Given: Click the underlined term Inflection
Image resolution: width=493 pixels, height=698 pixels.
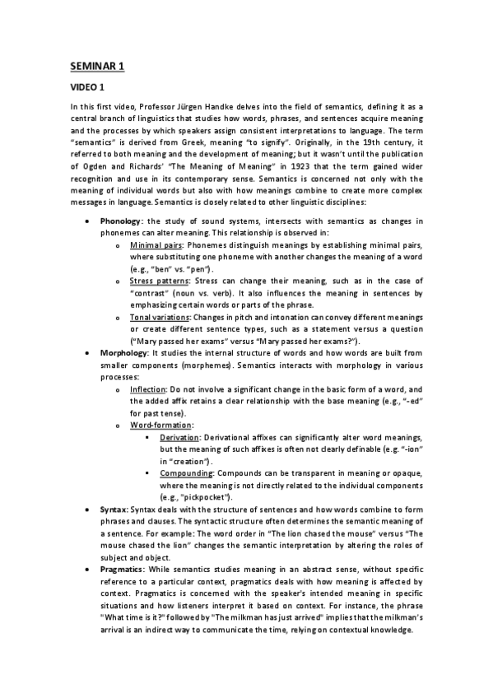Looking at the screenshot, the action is [x=149, y=389].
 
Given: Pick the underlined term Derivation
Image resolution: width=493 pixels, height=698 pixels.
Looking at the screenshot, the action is [x=179, y=436].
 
